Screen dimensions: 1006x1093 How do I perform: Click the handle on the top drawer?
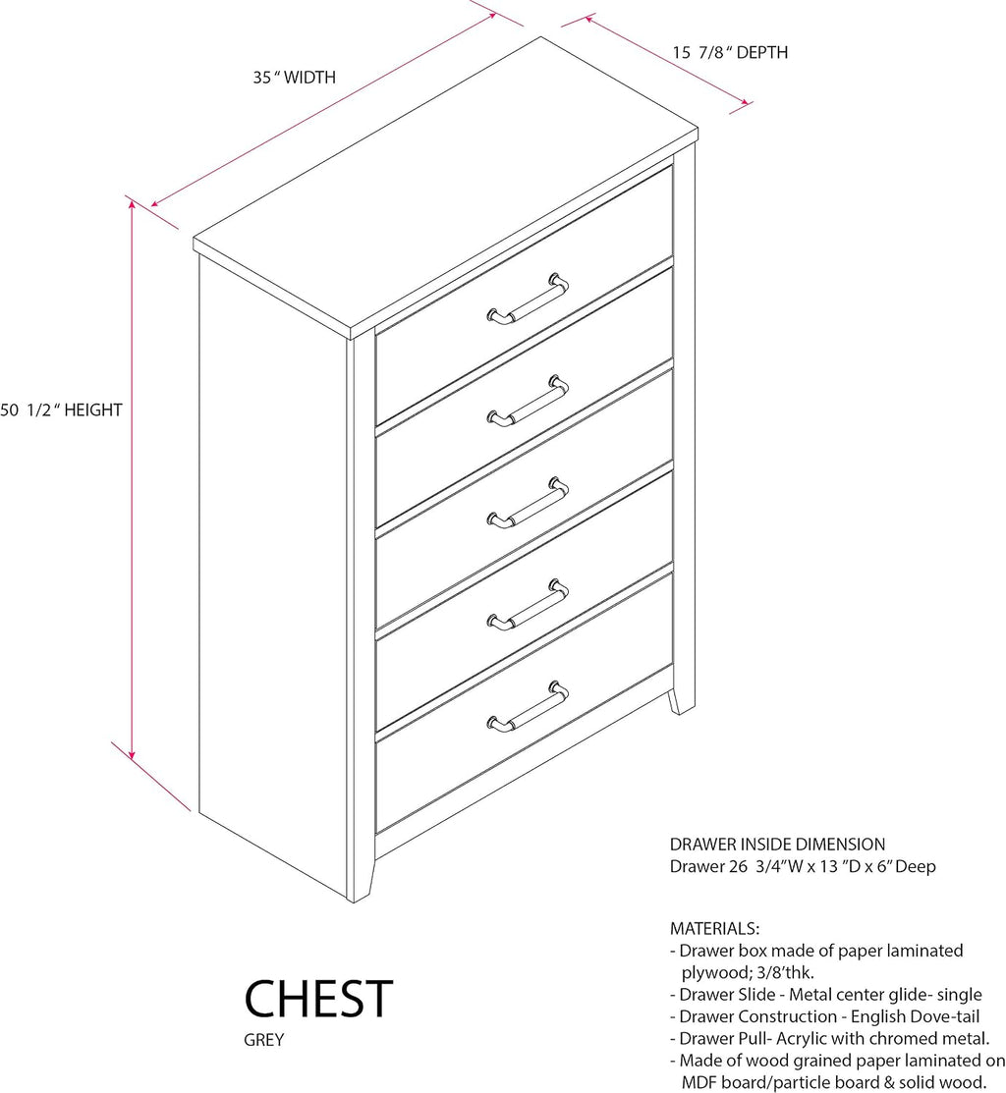tap(528, 299)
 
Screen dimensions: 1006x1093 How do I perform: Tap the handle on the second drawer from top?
tap(528, 401)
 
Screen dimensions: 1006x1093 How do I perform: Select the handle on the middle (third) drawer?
tap(528, 503)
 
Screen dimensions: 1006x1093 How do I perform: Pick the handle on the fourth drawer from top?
tap(528, 604)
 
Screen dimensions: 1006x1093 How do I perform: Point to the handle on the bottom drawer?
tap(528, 706)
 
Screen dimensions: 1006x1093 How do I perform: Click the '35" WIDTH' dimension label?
tap(294, 77)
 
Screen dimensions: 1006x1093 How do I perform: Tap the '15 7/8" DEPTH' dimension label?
tap(730, 52)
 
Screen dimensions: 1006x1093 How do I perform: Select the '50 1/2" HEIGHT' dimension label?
tap(61, 410)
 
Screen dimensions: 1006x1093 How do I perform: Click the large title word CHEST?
tap(318, 999)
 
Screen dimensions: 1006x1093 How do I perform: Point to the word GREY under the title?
tap(263, 1039)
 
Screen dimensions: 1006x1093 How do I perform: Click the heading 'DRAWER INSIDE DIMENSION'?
tap(777, 845)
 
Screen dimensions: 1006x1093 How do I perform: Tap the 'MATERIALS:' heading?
tap(714, 928)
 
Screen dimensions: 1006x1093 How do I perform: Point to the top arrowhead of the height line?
tap(132, 203)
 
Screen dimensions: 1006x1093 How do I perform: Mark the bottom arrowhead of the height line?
tap(132, 754)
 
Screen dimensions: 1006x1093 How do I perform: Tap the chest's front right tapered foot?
tap(681, 701)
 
